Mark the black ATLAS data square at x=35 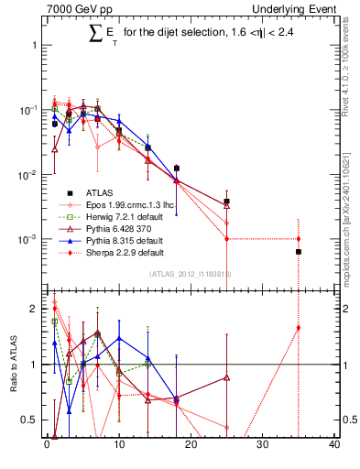[299, 251]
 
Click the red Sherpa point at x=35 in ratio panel [299, 328]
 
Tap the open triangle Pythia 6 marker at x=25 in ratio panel [226, 376]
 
